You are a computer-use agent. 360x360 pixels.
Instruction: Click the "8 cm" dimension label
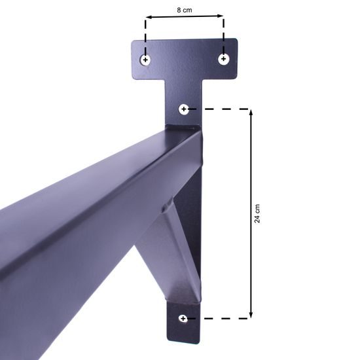pos(185,10)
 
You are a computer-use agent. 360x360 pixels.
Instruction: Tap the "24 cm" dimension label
pos(257,213)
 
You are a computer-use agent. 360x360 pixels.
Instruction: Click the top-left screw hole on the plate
pos(145,60)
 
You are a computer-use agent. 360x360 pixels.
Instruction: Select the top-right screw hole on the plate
pos(223,59)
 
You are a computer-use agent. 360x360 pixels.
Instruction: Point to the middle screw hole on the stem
pos(184,109)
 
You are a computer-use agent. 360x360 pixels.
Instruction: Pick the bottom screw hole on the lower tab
pos(183,319)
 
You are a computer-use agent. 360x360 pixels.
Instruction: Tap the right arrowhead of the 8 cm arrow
pos(220,16)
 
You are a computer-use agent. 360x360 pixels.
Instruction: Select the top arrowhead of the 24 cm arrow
pos(251,113)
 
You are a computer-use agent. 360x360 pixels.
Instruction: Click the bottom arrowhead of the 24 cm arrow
pos(251,315)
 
